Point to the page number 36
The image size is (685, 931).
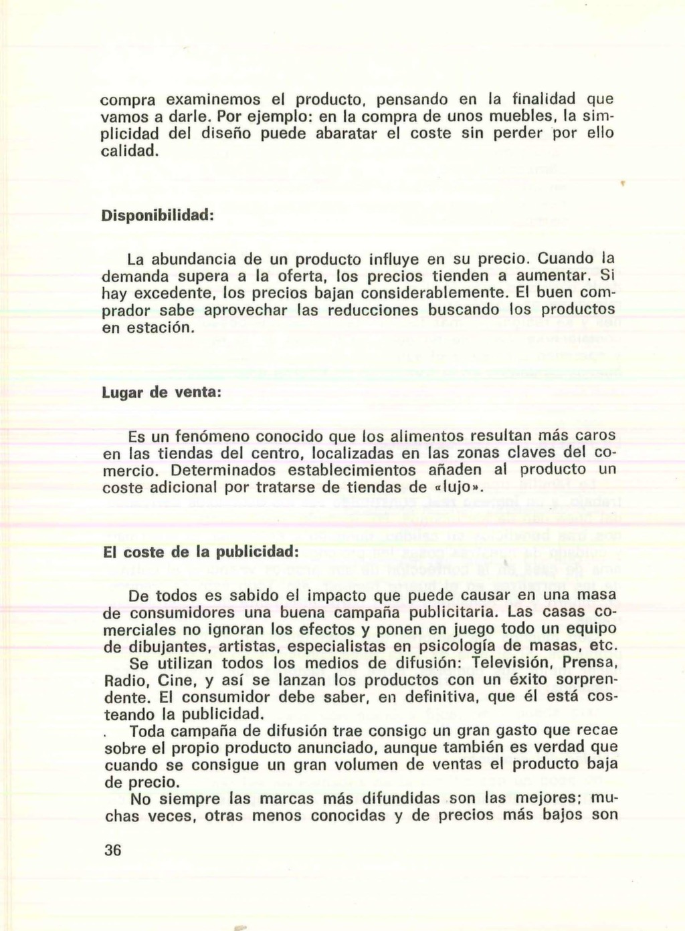pyautogui.click(x=112, y=850)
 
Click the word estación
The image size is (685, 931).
pyautogui.click(x=163, y=328)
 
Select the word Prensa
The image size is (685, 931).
pyautogui.click(x=591, y=664)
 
